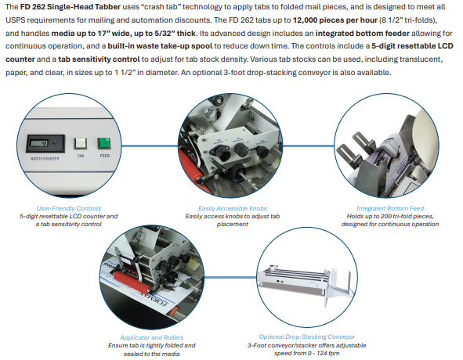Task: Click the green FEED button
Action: (104, 143)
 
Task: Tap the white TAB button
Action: (81, 143)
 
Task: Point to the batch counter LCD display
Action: (39, 143)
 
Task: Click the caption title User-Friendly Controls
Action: (68, 208)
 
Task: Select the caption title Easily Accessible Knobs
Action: (233, 208)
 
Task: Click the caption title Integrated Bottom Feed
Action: (390, 208)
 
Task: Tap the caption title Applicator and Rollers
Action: (151, 337)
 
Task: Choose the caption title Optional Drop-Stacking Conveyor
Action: (307, 337)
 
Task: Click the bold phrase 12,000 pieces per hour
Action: (335, 20)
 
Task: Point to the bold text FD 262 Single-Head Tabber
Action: (71, 7)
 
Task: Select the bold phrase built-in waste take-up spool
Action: (160, 46)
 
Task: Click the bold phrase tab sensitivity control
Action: (99, 59)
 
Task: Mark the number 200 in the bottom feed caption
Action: (386, 216)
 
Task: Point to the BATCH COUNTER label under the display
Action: (45, 159)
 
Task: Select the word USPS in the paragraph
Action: (14, 20)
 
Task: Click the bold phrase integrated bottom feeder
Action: (362, 34)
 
